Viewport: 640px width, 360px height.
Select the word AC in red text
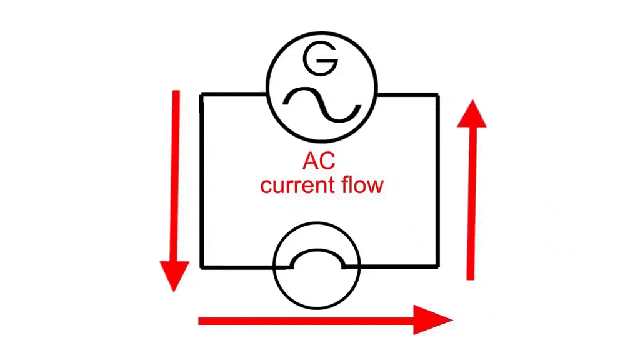point(319,161)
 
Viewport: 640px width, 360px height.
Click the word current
point(298,186)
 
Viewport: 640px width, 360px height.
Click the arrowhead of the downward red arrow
point(174,276)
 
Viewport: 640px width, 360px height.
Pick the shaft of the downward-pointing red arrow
point(176,175)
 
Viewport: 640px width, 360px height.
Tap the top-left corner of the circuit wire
point(201,95)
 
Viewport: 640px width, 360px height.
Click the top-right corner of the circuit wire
point(437,95)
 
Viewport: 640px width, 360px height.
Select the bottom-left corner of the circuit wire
point(201,267)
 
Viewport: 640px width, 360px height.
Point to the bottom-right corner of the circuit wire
point(437,267)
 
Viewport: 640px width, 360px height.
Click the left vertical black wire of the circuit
point(201,181)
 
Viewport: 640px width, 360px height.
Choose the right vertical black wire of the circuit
point(437,181)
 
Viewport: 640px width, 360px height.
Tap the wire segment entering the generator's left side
point(234,95)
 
